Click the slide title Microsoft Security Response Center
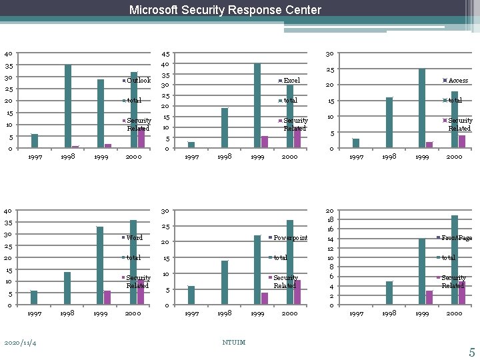point(225,10)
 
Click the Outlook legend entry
point(138,81)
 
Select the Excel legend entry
point(291,81)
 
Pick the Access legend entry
point(457,81)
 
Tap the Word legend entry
point(134,238)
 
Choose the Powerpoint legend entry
point(290,238)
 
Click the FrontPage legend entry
point(456,238)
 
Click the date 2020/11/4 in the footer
point(21,343)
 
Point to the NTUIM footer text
point(233,343)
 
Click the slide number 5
point(471,353)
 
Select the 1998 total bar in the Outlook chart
point(68,106)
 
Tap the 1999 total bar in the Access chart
point(422,108)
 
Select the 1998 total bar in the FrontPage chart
point(389,293)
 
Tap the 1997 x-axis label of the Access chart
point(357,157)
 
